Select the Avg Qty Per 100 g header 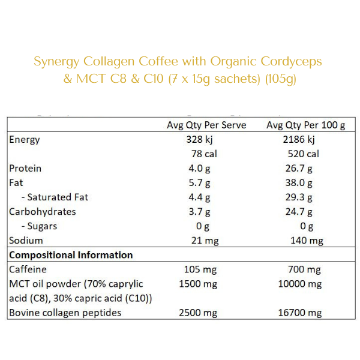[306, 125]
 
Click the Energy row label [25, 139]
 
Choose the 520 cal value [304, 154]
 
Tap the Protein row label [25, 168]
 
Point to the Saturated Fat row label [58, 197]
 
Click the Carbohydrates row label [43, 211]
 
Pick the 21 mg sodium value [202, 241]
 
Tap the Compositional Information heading [71, 255]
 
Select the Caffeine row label [28, 269]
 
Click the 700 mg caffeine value [305, 269]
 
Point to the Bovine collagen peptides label [65, 313]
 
